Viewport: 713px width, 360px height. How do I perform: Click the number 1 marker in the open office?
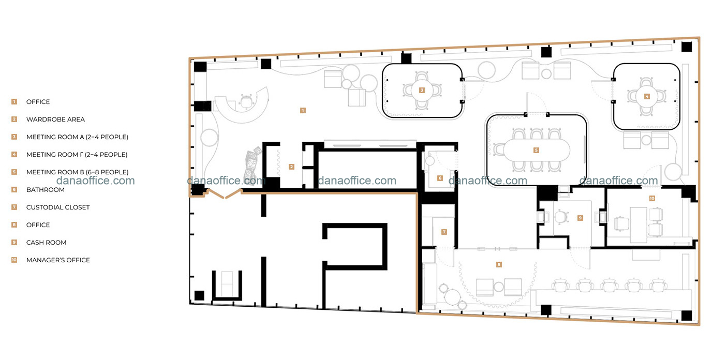[x=303, y=111]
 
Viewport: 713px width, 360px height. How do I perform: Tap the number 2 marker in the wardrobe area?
[x=291, y=167]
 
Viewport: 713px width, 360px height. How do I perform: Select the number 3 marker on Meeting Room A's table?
[x=422, y=91]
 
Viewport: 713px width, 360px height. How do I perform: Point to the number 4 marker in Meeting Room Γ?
[x=646, y=96]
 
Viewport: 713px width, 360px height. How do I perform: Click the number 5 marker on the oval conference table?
[x=536, y=150]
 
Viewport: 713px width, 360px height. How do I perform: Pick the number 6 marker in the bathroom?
[x=440, y=178]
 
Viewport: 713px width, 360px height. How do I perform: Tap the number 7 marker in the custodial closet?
[x=444, y=232]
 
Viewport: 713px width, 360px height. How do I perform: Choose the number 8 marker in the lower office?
[x=499, y=264]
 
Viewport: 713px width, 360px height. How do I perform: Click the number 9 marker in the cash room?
[x=580, y=218]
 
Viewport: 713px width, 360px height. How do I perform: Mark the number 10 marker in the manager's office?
[x=652, y=198]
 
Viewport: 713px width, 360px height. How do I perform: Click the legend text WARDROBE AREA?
[x=56, y=119]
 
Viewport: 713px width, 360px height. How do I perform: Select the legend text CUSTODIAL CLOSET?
[x=58, y=207]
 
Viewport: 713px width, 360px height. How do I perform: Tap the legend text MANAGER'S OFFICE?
[x=58, y=260]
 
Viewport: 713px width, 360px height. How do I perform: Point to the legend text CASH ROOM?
[x=46, y=243]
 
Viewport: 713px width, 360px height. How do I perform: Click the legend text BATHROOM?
[x=45, y=190]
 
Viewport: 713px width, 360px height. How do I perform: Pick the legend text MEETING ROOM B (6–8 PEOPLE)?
[x=77, y=172]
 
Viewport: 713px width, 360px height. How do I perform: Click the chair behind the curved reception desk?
[x=246, y=101]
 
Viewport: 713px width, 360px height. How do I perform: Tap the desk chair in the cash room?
[x=561, y=218]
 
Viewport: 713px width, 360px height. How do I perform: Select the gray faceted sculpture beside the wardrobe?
[x=252, y=166]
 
